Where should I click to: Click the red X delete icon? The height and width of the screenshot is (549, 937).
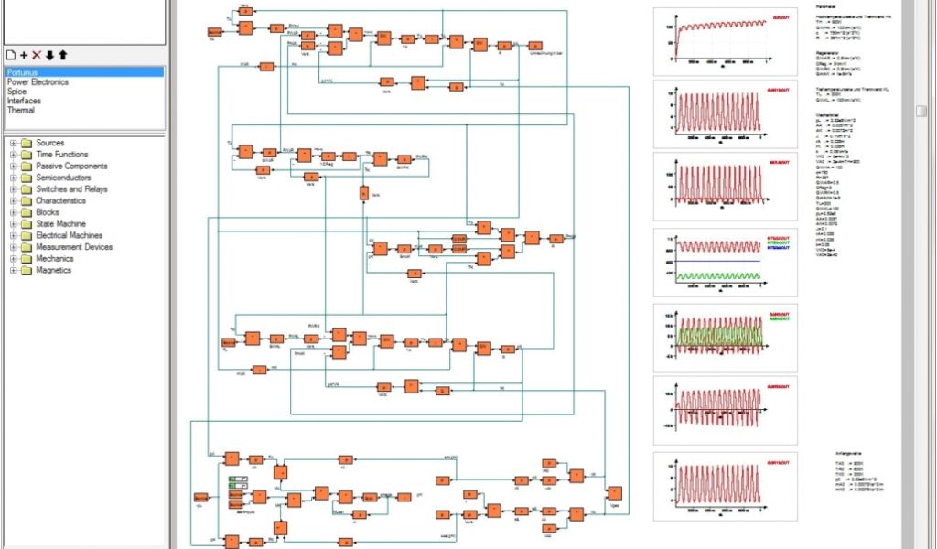37,55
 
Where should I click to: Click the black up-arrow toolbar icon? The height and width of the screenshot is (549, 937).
62,55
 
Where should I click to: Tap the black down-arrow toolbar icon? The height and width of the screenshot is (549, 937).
49,55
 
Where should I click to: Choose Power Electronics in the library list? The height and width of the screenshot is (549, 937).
38,81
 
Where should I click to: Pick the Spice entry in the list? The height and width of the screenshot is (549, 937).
18,91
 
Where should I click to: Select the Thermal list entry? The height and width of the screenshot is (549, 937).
21,111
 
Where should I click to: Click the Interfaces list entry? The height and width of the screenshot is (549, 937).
24,101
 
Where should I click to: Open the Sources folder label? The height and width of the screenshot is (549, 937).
49,143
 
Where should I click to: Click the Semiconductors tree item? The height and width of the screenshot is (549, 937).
65,178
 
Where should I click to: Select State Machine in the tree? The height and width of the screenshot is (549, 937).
60,224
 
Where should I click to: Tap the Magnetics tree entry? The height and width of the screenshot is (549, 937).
53,270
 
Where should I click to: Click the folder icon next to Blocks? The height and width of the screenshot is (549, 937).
26,212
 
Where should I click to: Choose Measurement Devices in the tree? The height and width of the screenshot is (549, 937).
74,247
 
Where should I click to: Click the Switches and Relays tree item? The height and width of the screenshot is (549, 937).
71,189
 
